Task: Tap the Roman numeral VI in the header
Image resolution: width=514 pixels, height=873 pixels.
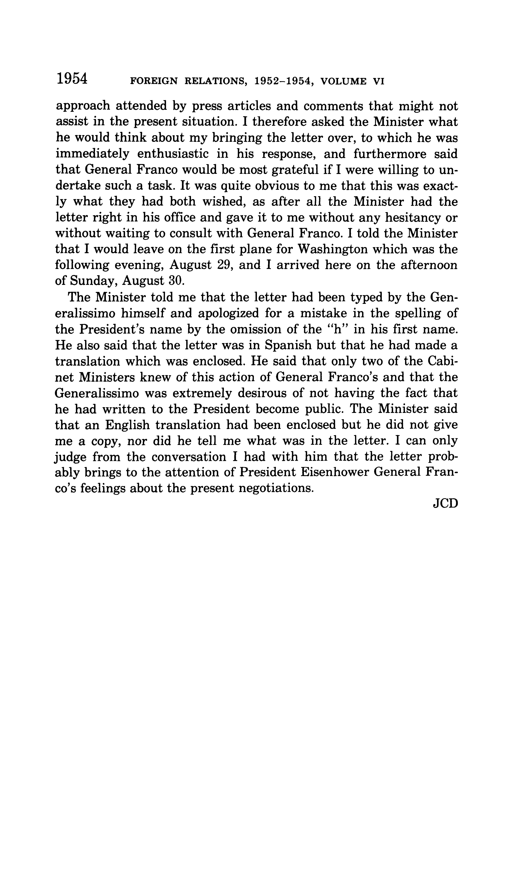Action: pos(379,81)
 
